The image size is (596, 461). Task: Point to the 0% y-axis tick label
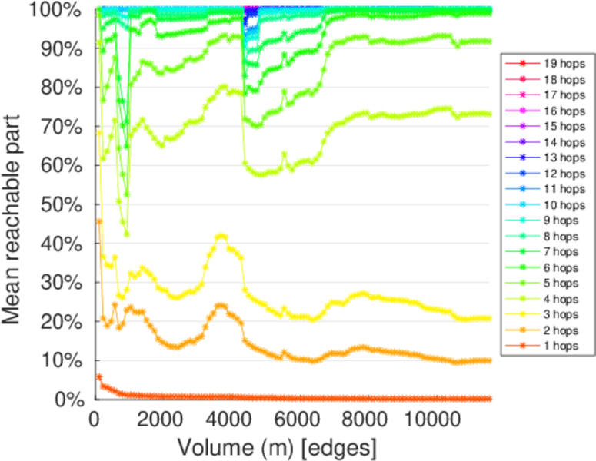coord(70,400)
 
